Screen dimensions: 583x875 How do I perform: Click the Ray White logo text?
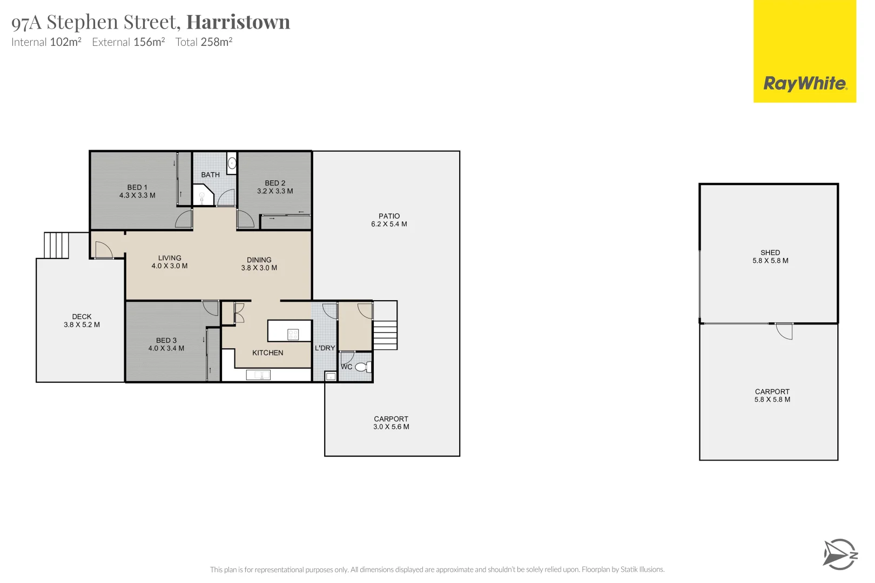pos(804,84)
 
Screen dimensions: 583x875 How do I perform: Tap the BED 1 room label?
pos(137,187)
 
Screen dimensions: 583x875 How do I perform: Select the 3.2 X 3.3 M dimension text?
pos(275,191)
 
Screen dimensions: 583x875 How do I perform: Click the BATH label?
pos(210,175)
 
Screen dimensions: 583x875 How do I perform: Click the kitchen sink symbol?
pos(258,375)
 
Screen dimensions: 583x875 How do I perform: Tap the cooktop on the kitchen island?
pos(293,334)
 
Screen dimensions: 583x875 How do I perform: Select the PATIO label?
pos(389,216)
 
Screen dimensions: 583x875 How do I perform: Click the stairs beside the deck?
pos(56,246)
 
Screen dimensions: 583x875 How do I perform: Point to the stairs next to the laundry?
pos(385,335)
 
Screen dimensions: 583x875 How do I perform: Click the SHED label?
pos(770,253)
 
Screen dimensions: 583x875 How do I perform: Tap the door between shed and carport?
pos(784,330)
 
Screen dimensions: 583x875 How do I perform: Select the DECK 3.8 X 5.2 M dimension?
pos(82,325)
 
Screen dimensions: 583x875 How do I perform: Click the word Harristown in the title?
pos(238,22)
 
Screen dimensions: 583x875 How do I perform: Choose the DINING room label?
pos(259,260)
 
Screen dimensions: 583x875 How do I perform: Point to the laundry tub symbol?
pos(331,376)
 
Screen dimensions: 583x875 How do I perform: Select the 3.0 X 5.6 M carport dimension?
pos(391,427)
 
